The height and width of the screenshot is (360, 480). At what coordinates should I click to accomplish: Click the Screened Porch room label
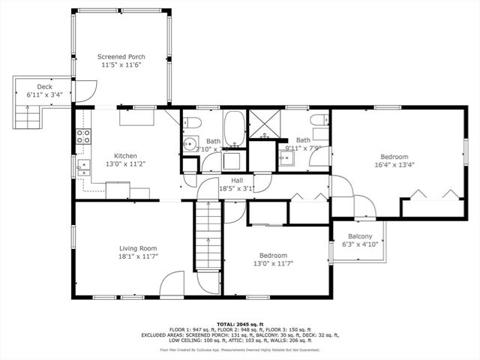pos(121,57)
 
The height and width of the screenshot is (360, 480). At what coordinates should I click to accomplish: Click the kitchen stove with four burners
pos(83,136)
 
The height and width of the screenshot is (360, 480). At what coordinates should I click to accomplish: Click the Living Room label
pos(137,248)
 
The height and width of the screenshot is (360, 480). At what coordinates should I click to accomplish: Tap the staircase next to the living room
pos(207,236)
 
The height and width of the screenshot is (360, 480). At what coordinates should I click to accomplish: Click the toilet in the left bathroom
pos(193,123)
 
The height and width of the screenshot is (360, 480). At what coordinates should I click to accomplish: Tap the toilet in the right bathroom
pos(318,121)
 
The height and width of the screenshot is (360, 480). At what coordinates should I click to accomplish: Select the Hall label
pos(237,181)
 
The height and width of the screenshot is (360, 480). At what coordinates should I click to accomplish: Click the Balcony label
pos(360,236)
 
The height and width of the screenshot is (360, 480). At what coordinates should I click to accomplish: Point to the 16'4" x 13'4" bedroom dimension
pos(394,165)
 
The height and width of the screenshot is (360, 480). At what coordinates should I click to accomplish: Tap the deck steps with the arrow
pos(28,116)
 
